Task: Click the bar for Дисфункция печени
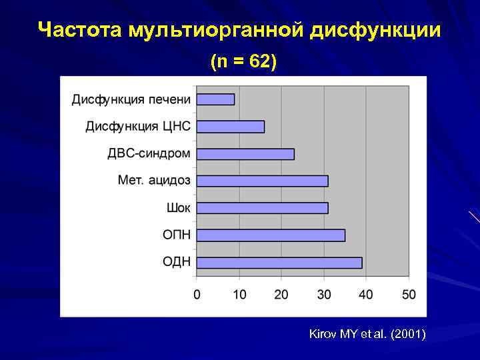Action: pyautogui.click(x=215, y=99)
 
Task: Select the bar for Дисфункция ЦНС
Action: pyautogui.click(x=231, y=127)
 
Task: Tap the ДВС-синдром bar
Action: pyautogui.click(x=245, y=154)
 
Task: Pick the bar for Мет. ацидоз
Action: pyautogui.click(x=263, y=181)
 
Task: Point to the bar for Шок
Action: pyautogui.click(x=263, y=208)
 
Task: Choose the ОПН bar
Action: pyautogui.click(x=271, y=235)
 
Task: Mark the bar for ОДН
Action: pyautogui.click(x=279, y=263)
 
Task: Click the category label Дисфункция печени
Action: pyautogui.click(x=131, y=99)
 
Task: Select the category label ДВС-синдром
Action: pyautogui.click(x=149, y=154)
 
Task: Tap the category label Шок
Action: pyautogui.click(x=178, y=208)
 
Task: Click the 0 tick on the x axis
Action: pyautogui.click(x=197, y=294)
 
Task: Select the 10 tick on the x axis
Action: pyautogui.click(x=239, y=294)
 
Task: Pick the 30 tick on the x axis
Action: pyautogui.click(x=324, y=294)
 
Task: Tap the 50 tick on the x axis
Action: pyautogui.click(x=409, y=294)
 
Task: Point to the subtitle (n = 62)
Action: pyautogui.click(x=243, y=62)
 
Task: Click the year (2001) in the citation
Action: pyautogui.click(x=408, y=334)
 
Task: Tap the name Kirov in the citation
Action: pyautogui.click(x=323, y=334)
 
